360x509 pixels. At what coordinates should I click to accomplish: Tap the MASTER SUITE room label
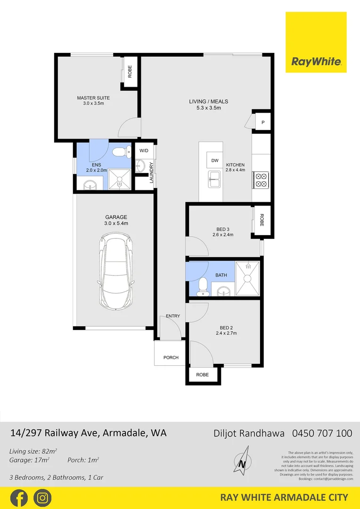93,98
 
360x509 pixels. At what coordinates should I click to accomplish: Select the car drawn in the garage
115,273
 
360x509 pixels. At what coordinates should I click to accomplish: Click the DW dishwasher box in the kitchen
215,161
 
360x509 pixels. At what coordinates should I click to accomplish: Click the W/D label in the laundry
144,151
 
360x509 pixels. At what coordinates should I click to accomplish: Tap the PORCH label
171,357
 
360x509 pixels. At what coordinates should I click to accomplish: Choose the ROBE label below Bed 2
202,375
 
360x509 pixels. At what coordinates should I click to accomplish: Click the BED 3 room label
223,229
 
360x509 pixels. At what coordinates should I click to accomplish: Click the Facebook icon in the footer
19,498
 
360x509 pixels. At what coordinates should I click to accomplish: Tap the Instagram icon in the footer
42,498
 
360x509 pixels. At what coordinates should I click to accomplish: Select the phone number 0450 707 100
322,433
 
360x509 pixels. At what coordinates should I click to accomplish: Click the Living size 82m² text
33,451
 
